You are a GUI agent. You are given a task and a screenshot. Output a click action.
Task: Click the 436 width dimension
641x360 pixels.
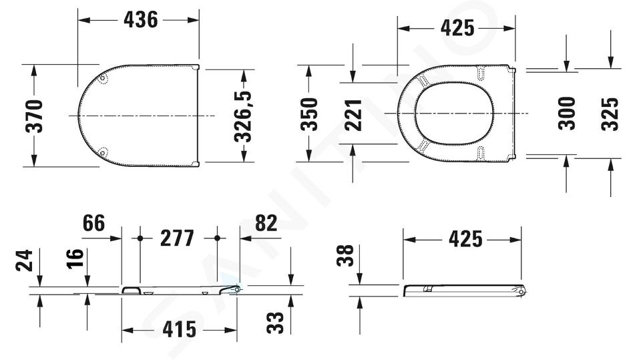point(141,19)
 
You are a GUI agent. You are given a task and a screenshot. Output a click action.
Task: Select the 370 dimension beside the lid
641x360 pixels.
point(34,116)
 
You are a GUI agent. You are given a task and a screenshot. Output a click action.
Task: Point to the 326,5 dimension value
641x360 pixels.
point(243,116)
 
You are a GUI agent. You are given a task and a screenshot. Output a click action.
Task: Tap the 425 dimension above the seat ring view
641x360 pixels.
point(457,28)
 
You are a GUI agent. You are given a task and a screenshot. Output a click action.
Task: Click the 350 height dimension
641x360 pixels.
point(309,114)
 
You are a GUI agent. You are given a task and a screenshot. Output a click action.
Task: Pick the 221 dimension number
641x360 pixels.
point(353,115)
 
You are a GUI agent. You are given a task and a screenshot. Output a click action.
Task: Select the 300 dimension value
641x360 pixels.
point(567,114)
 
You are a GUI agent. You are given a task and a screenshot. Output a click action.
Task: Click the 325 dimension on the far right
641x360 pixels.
point(610,114)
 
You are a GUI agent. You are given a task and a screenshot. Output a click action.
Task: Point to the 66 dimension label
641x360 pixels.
point(93,223)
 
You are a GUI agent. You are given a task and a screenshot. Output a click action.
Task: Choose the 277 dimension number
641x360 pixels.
point(177,238)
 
